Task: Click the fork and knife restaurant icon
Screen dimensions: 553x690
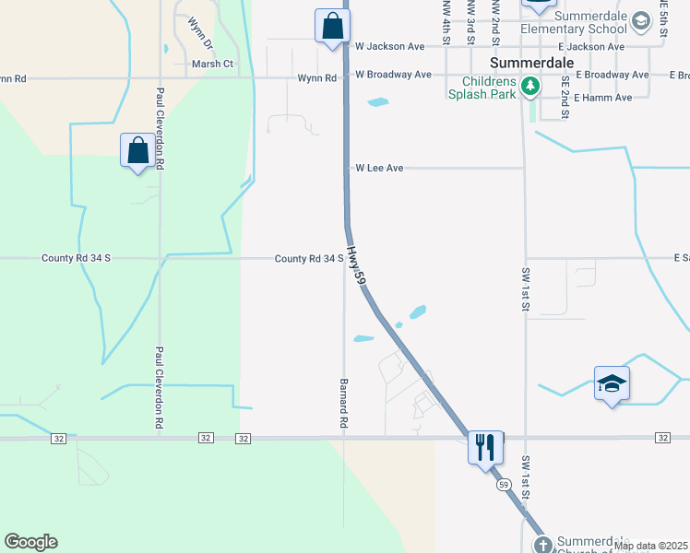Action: click(x=485, y=447)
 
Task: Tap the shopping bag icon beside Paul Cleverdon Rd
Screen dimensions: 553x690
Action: click(x=137, y=150)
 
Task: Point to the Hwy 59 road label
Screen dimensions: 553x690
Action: click(x=358, y=263)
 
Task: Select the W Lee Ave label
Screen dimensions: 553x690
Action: click(x=380, y=169)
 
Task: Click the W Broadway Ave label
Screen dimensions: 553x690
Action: click(x=393, y=75)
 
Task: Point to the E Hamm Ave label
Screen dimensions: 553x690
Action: click(x=602, y=98)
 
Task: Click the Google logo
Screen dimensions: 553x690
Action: click(x=30, y=542)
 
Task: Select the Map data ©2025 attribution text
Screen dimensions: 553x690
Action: click(x=650, y=547)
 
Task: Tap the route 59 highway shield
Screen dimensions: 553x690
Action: click(x=503, y=484)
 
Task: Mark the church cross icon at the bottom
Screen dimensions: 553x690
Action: click(x=541, y=544)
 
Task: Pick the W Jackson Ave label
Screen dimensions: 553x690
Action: click(x=389, y=46)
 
